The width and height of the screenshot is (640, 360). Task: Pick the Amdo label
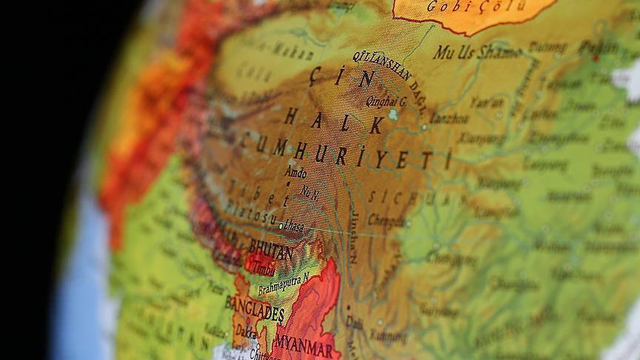coord(296,173)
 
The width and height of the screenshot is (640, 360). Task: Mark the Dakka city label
coord(247,333)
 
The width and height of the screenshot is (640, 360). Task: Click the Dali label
coord(356,323)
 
